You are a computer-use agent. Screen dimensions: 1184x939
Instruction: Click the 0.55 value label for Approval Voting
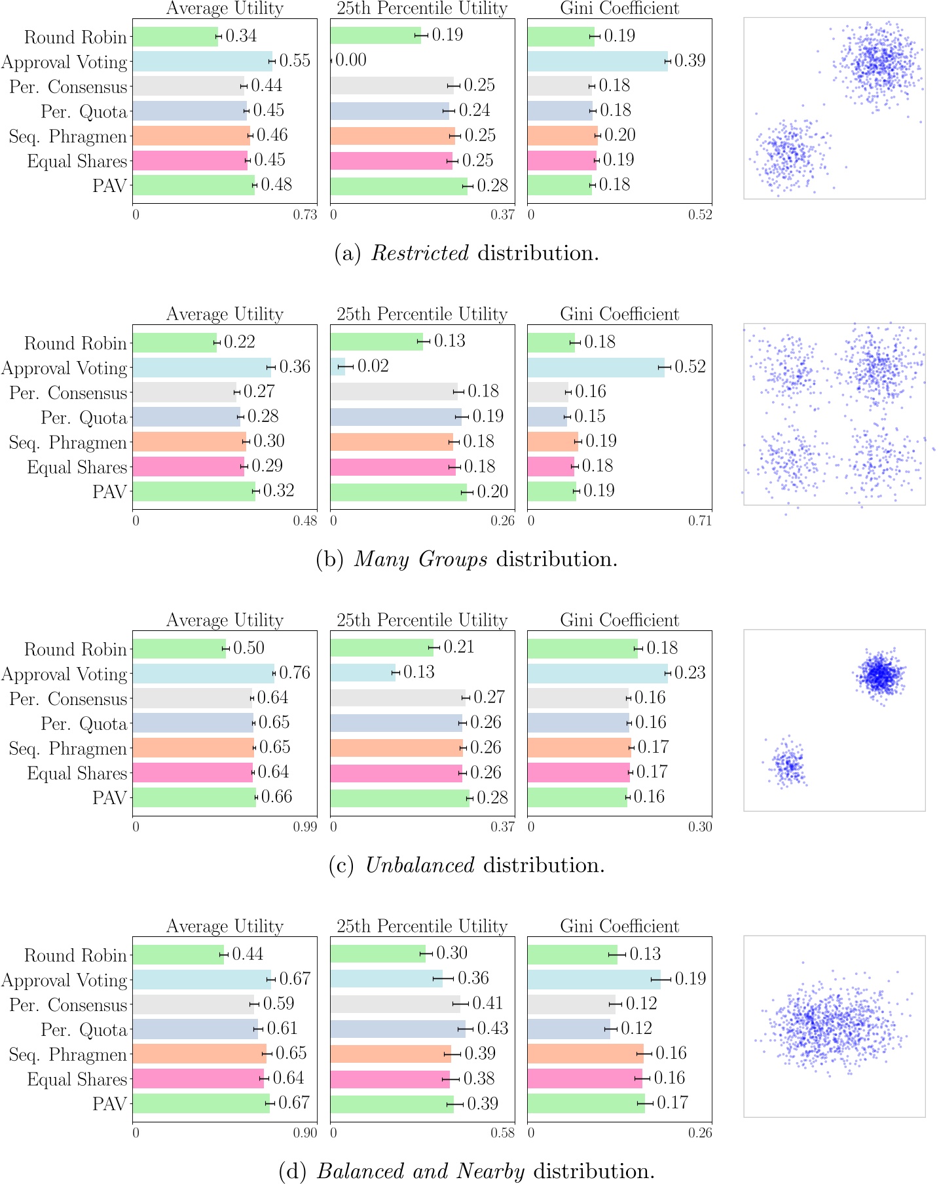point(295,61)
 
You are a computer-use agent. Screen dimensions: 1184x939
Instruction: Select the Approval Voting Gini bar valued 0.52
point(595,367)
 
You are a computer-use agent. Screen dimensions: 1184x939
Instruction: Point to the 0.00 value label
point(351,60)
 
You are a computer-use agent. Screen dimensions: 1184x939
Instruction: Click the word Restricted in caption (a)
point(420,253)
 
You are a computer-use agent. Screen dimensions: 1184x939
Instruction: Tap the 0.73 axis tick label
point(304,215)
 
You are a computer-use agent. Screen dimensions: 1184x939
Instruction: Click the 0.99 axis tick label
point(304,827)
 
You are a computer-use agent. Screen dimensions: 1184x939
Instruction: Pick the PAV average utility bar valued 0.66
point(194,797)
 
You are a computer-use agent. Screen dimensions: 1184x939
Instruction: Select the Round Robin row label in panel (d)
point(75,955)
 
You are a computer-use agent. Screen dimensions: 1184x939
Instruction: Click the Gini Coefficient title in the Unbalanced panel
point(619,620)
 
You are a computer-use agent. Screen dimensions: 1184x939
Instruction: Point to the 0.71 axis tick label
point(700,521)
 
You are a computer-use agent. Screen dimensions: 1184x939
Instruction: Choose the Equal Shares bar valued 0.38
point(390,1079)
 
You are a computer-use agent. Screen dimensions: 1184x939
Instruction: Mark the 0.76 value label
point(295,673)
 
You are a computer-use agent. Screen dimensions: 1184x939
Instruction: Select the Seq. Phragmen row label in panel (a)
point(67,137)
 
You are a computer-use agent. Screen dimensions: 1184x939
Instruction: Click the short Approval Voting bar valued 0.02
point(338,366)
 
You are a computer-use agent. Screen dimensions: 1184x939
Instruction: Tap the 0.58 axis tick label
point(503,1133)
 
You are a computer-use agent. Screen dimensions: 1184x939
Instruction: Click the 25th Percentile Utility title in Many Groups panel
point(422,314)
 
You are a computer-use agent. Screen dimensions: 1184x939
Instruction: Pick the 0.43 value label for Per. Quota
point(492,1028)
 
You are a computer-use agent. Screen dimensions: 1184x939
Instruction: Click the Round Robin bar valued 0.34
point(175,37)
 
